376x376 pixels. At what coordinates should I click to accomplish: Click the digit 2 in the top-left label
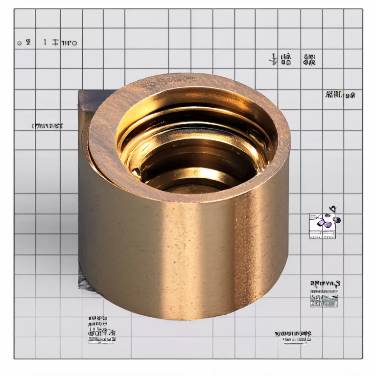pyautogui.click(x=28, y=43)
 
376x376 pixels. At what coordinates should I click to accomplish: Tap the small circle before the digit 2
pyautogui.click(x=20, y=43)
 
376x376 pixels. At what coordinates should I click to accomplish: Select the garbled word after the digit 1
pyautogui.click(x=64, y=43)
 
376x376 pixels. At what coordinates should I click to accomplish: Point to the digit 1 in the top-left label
pyautogui.click(x=45, y=43)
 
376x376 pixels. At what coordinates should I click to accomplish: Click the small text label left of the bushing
pyautogui.click(x=47, y=126)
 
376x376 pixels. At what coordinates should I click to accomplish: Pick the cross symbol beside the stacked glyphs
pyautogui.click(x=273, y=60)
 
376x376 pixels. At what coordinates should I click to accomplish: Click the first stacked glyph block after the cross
pyautogui.click(x=287, y=60)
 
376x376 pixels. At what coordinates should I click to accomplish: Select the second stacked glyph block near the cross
pyautogui.click(x=309, y=60)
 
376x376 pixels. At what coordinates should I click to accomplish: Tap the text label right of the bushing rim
pyautogui.click(x=340, y=95)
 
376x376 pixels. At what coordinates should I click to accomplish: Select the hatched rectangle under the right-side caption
pyautogui.click(x=324, y=300)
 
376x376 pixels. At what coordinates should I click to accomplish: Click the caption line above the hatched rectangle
pyautogui.click(x=325, y=283)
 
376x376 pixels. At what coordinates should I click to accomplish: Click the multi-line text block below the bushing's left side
pyautogui.click(x=101, y=329)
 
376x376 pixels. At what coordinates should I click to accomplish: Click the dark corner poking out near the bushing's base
pyautogui.click(x=82, y=281)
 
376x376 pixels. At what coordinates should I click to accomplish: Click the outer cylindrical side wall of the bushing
pyautogui.click(x=186, y=255)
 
